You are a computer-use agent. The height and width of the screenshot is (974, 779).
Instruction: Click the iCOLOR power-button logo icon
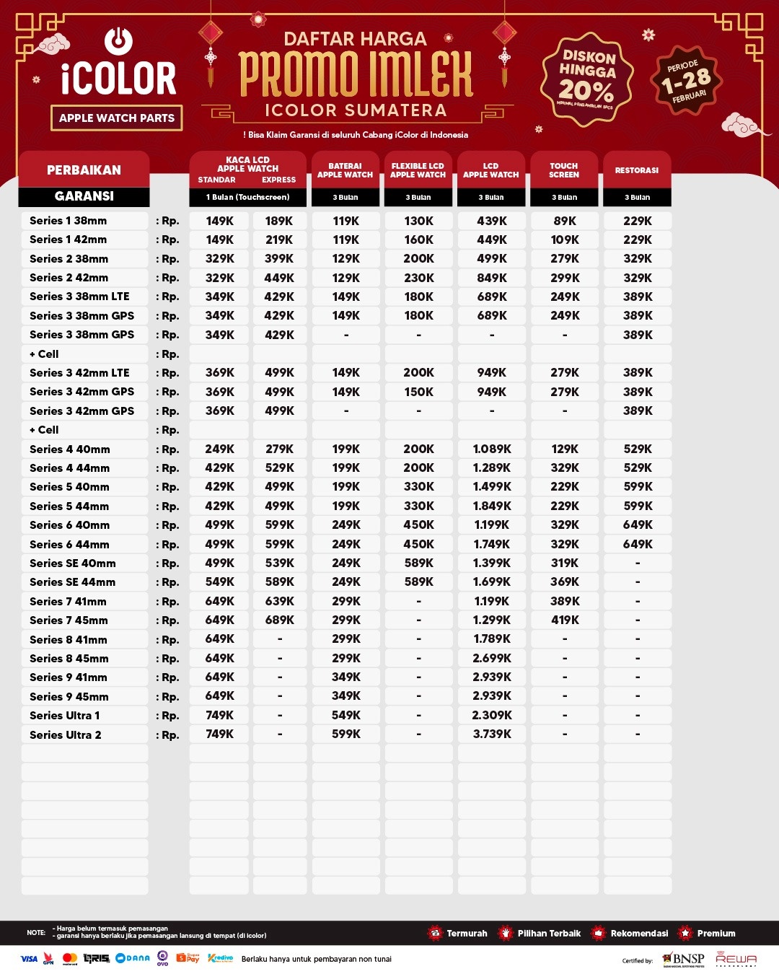pos(118,40)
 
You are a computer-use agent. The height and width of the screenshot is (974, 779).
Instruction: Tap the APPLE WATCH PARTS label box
pos(117,118)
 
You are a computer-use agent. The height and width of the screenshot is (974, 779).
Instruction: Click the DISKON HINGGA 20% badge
pos(587,79)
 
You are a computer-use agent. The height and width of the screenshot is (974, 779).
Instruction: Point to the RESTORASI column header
pos(637,170)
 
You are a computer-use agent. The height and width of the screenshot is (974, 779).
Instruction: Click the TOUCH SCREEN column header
pos(564,170)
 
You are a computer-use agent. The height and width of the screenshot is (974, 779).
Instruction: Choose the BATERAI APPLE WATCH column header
pos(346,170)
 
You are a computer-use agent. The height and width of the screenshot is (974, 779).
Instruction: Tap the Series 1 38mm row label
pos(68,221)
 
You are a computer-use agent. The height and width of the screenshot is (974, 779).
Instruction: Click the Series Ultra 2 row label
pos(65,734)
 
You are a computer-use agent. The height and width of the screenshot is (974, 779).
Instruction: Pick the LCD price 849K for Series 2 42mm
pos(492,278)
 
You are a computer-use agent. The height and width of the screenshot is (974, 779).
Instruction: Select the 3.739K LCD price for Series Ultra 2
pos(492,734)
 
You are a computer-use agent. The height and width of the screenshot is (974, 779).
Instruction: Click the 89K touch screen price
pos(565,221)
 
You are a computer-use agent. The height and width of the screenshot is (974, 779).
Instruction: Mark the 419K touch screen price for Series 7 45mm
pos(565,620)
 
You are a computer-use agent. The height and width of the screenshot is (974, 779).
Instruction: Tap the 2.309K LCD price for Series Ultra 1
pos(492,715)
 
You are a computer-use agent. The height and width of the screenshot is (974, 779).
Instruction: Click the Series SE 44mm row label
pos(72,582)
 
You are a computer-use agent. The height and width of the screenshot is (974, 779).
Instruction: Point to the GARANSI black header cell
pos(84,196)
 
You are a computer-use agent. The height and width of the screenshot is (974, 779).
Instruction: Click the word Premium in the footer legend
pos(716,934)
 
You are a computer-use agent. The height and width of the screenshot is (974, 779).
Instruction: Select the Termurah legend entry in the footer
pos(467,934)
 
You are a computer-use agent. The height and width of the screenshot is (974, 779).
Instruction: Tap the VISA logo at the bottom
pos(29,959)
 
